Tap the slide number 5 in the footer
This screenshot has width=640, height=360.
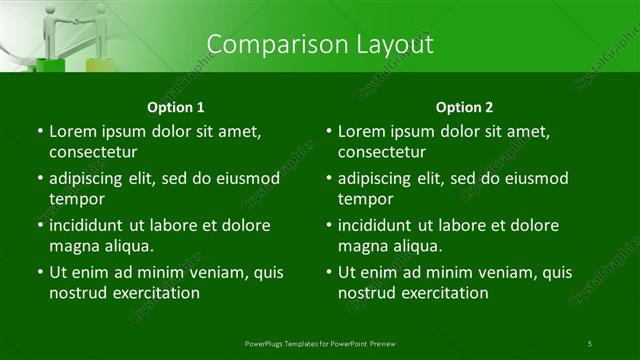point(590,343)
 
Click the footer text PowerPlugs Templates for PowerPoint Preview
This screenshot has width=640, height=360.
point(319,343)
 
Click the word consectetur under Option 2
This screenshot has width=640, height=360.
point(383,152)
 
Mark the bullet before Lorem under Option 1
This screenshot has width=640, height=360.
point(39,132)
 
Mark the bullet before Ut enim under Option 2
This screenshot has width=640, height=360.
point(329,271)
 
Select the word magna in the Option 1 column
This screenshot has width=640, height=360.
point(73,245)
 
